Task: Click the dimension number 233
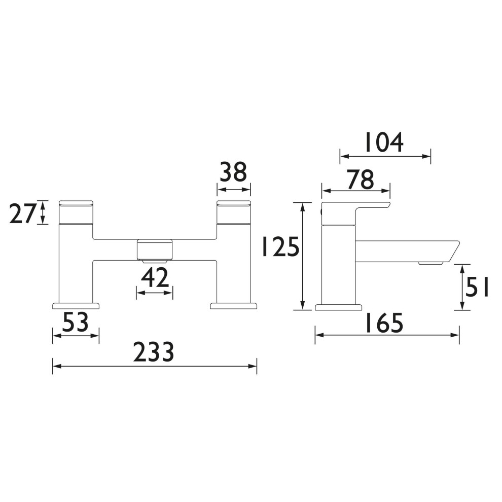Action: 153,352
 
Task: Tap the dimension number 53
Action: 75,322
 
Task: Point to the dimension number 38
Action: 233,172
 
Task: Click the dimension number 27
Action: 22,213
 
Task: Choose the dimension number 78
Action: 361,180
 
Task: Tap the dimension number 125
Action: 280,246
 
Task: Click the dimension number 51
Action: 477,287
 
